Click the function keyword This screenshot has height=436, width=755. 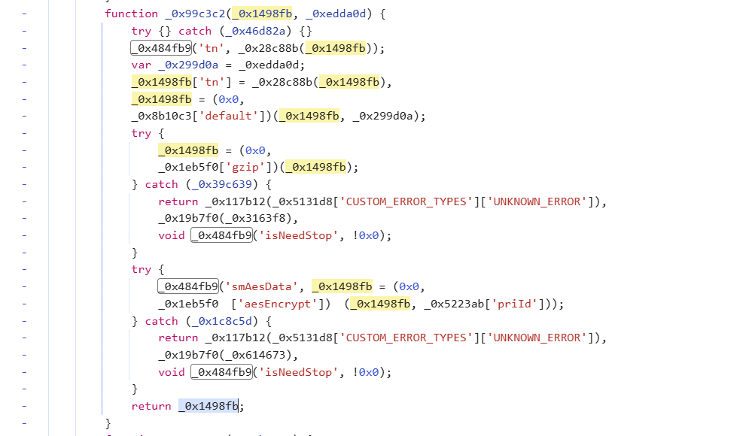(x=132, y=14)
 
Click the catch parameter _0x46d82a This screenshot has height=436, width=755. (x=259, y=31)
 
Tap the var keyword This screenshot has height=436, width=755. (x=142, y=65)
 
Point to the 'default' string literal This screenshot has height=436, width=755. (x=223, y=116)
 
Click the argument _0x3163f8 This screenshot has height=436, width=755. (x=259, y=218)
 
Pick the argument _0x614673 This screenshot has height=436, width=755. (x=259, y=355)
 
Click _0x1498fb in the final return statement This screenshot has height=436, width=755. (x=209, y=406)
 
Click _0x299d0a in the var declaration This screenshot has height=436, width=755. (x=191, y=65)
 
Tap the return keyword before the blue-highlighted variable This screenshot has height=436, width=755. (x=151, y=406)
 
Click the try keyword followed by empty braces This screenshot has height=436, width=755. (x=142, y=31)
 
